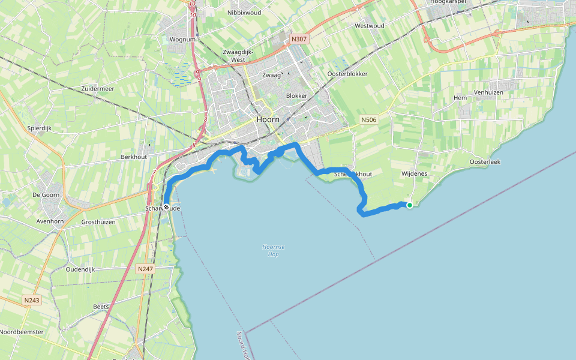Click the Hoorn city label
[268, 119]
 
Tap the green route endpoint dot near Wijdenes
[410, 205]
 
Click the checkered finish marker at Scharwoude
[166, 207]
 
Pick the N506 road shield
[369, 120]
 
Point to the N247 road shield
[145, 269]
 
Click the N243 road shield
[32, 299]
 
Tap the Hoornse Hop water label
[274, 250]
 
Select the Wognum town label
[183, 40]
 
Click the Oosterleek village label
[485, 162]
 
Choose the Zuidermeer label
[97, 88]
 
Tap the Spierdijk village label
[41, 128]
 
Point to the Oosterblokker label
[347, 74]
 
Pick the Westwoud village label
[369, 26]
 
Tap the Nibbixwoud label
[244, 12]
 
